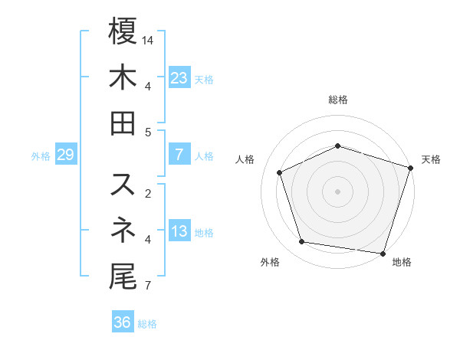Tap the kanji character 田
(x=123, y=122)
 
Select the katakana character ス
(x=123, y=185)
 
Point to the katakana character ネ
(x=123, y=229)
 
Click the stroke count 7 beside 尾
(x=146, y=286)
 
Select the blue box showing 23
(x=179, y=78)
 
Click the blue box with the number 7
(x=179, y=155)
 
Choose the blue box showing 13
(x=179, y=231)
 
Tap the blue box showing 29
(x=65, y=155)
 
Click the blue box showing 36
(x=123, y=322)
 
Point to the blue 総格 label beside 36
(x=148, y=324)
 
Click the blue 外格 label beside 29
(x=41, y=156)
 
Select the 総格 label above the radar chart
(x=338, y=100)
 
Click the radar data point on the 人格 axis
(x=280, y=173)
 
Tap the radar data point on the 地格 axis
(x=383, y=253)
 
